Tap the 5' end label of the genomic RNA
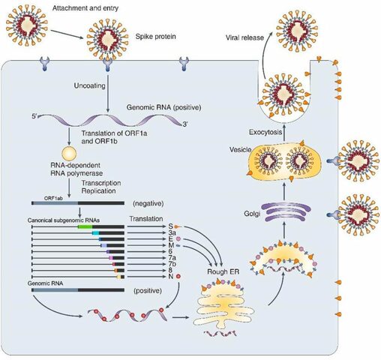36,115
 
